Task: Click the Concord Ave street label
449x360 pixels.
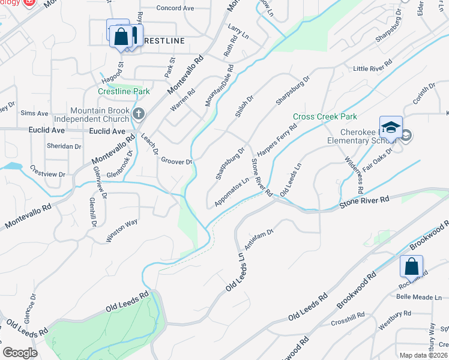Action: click(175, 8)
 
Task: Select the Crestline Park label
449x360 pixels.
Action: click(124, 91)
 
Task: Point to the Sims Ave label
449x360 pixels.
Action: click(34, 113)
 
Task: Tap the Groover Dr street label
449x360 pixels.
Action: click(177, 161)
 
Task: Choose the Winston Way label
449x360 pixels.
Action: click(122, 230)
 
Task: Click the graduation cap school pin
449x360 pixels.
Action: click(391, 128)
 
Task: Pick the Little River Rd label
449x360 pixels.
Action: click(372, 69)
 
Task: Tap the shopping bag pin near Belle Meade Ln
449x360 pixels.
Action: click(412, 266)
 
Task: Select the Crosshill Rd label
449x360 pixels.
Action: click(348, 319)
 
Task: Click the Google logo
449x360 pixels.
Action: click(20, 352)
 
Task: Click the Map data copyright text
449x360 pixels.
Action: click(423, 355)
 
